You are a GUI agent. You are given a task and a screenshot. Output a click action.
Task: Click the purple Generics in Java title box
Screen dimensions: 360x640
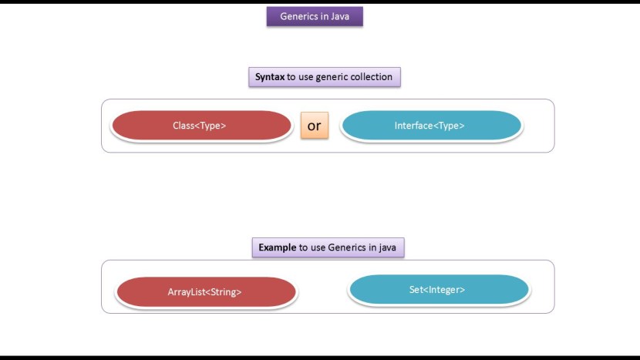click(315, 16)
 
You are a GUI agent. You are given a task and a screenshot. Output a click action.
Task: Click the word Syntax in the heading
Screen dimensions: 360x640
click(270, 77)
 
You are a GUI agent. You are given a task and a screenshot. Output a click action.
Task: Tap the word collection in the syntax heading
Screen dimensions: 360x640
click(369, 77)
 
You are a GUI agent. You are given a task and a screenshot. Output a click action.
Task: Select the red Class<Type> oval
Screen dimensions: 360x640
click(200, 125)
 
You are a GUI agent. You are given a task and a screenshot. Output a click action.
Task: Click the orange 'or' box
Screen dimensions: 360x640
click(315, 126)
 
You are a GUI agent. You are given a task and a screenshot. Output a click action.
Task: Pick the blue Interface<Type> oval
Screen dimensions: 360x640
click(431, 126)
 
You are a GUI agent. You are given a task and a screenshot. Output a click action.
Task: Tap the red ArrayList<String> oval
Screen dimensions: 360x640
click(206, 292)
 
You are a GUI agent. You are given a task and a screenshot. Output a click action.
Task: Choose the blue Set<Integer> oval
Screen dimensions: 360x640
click(438, 290)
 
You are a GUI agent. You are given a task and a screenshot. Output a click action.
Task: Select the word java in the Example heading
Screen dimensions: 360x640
click(386, 247)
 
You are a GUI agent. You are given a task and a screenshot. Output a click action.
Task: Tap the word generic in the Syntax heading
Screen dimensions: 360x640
click(327, 77)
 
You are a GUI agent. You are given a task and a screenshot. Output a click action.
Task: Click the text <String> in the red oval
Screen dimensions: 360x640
click(224, 292)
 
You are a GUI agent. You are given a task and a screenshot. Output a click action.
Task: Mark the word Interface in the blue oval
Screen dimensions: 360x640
click(415, 126)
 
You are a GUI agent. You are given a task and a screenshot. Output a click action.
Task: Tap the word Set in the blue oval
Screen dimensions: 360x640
click(417, 290)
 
